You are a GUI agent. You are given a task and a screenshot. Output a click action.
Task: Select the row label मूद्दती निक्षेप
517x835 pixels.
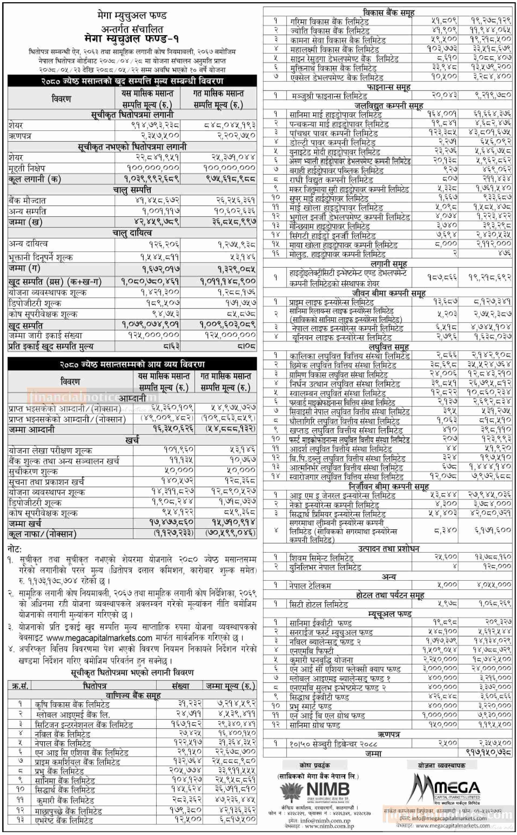coord(27,168)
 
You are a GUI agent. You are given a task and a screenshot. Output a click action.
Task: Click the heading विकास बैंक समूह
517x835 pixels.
coord(388,13)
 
